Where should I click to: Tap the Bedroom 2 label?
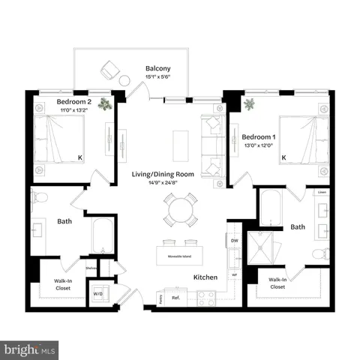pos(73,101)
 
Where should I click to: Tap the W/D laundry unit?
pos(98,293)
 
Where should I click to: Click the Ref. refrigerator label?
pos(177,298)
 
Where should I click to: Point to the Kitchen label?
pos(205,277)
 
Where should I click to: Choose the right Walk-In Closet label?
pos(277,283)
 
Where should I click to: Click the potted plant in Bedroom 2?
pos(107,105)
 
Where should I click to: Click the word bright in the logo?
pos(19,349)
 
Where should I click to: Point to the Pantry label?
pos(160,298)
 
